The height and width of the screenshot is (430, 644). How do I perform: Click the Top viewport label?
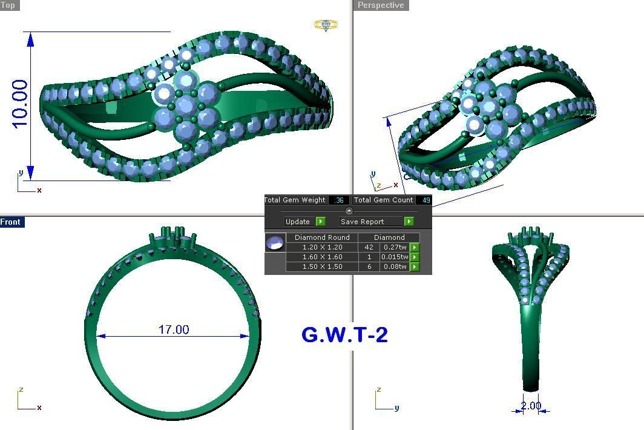click(x=8, y=5)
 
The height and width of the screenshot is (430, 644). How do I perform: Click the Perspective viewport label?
click(x=381, y=5)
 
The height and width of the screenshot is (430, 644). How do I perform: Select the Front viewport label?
click(x=11, y=222)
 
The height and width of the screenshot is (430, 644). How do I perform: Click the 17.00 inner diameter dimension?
click(x=174, y=329)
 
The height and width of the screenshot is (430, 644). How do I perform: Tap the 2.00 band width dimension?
click(x=530, y=406)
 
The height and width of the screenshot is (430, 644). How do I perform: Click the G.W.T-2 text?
click(x=344, y=335)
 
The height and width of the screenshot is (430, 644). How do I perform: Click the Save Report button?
click(x=363, y=222)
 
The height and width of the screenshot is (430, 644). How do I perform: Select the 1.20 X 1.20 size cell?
click(x=322, y=247)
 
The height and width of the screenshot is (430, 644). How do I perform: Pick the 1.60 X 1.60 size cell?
click(x=322, y=257)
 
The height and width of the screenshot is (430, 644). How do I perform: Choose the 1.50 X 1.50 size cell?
click(x=322, y=266)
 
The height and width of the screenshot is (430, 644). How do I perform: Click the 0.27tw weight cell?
click(x=395, y=247)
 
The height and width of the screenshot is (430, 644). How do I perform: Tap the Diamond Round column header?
click(x=322, y=237)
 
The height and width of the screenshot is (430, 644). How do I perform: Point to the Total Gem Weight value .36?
click(x=339, y=200)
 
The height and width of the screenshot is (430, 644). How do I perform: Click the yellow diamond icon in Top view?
click(x=326, y=25)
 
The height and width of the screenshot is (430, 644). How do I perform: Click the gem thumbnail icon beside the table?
click(x=275, y=242)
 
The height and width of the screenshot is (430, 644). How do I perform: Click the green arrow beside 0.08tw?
click(x=415, y=266)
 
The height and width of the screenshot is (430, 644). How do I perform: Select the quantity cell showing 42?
click(x=369, y=247)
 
